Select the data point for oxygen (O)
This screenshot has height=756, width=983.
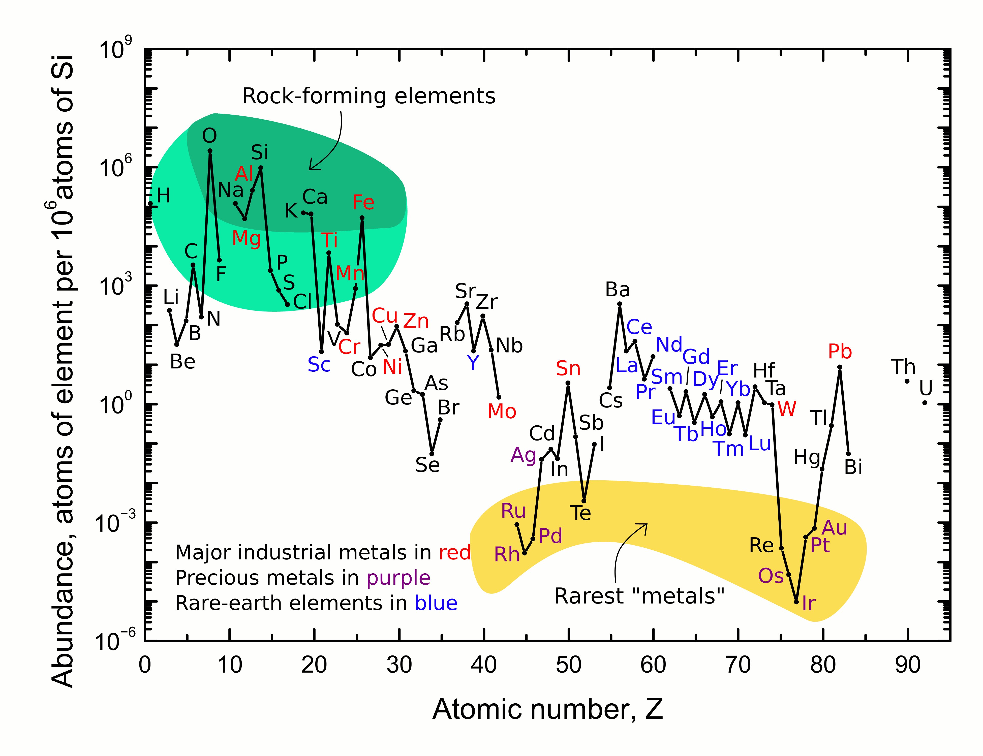(x=210, y=151)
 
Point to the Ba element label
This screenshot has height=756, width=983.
(x=618, y=290)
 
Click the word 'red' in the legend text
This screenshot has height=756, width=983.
(x=455, y=553)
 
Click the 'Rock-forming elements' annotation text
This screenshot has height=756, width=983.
(x=368, y=96)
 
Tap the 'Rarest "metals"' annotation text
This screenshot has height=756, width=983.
(x=639, y=596)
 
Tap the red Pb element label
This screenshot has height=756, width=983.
(x=840, y=352)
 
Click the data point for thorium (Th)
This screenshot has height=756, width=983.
(x=907, y=381)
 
